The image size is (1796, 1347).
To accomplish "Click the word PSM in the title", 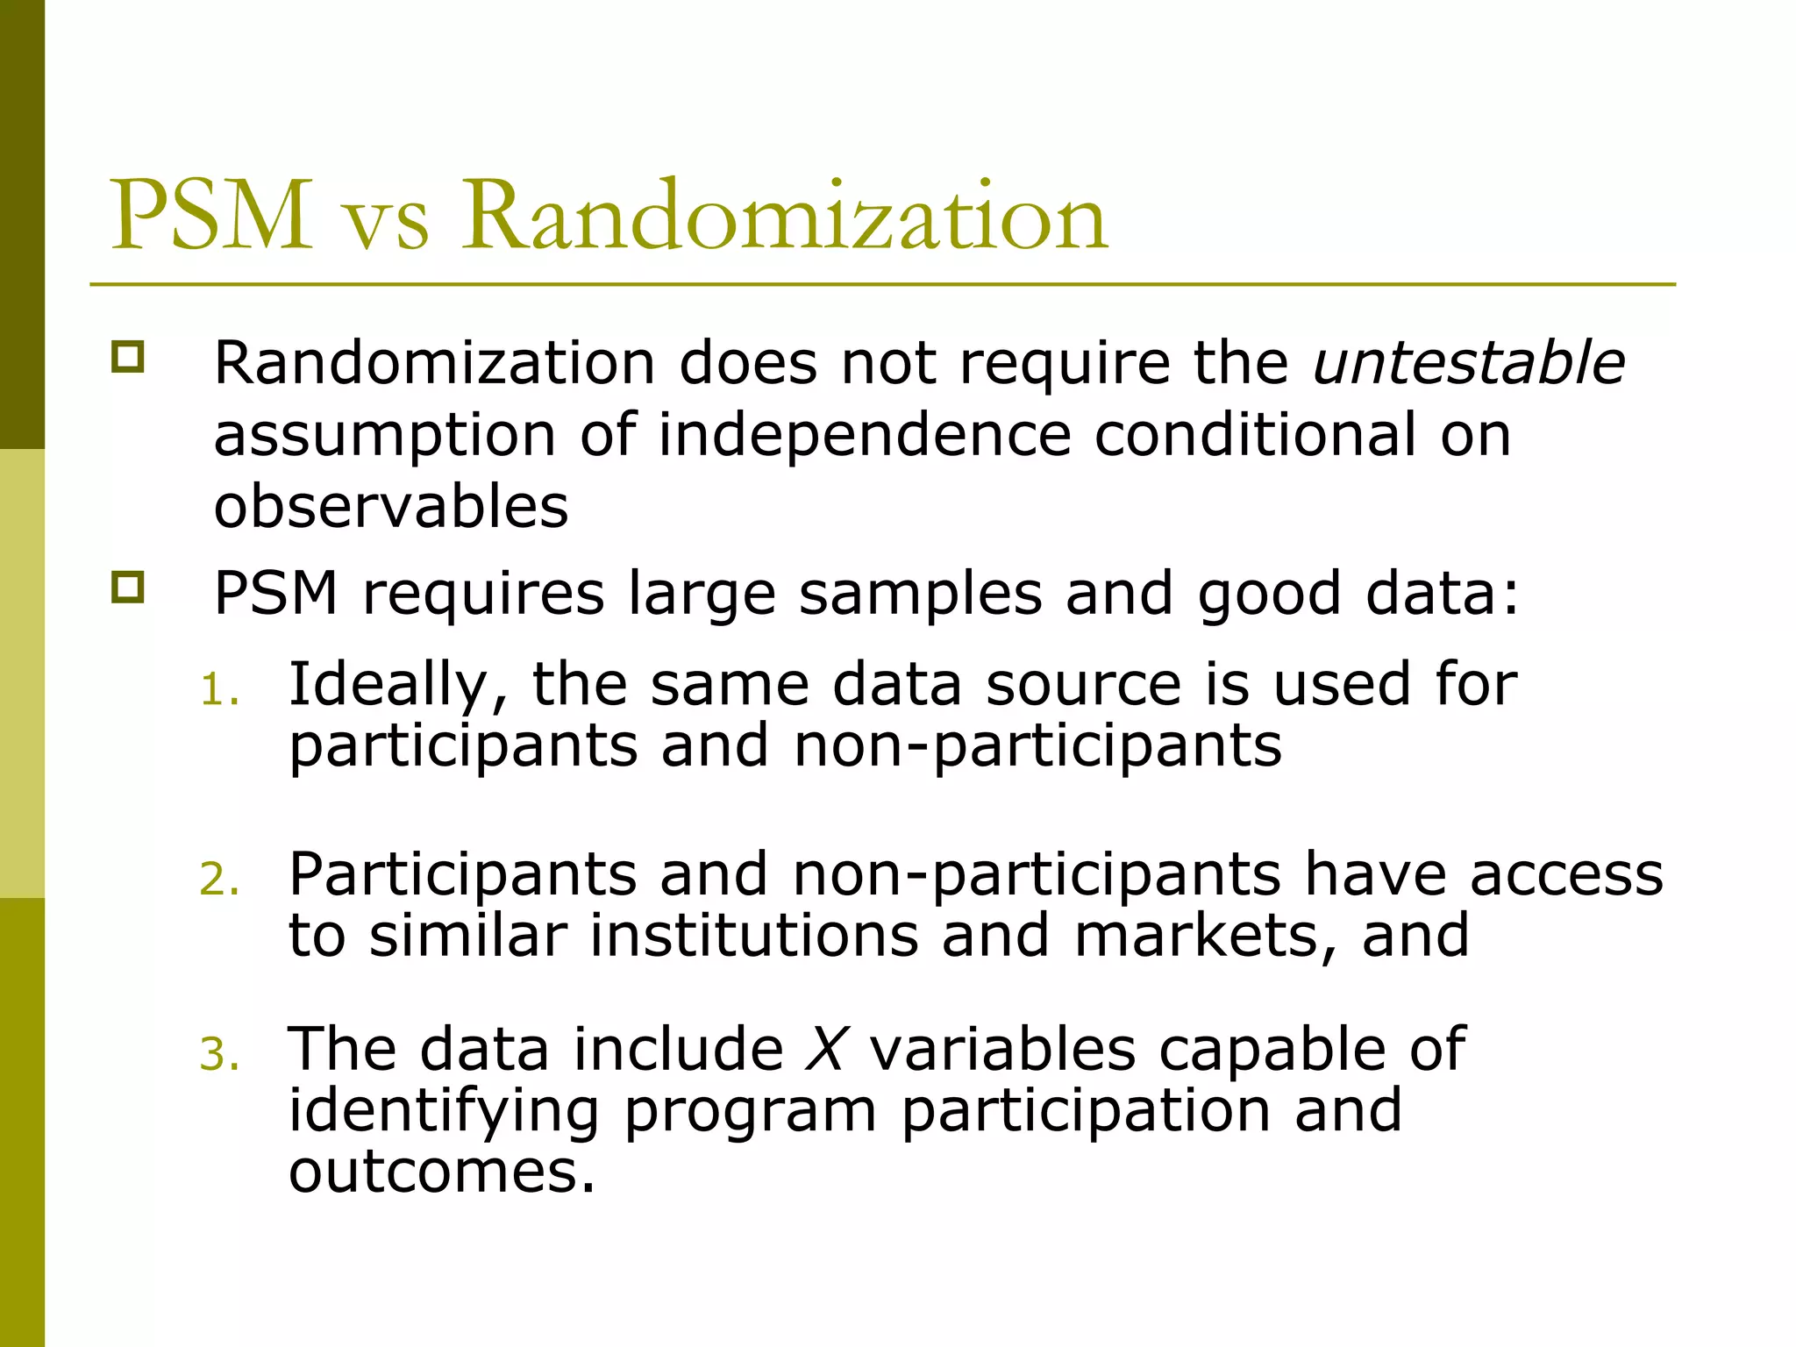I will pyautogui.click(x=211, y=216).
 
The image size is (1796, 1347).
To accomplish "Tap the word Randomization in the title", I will pyautogui.click(x=786, y=216).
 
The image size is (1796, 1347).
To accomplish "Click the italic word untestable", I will pyautogui.click(x=1469, y=362).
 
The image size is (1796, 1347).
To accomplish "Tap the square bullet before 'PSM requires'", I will pyautogui.click(x=127, y=587).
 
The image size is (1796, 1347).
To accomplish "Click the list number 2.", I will pyautogui.click(x=218, y=880).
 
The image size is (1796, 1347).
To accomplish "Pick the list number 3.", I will pyautogui.click(x=218, y=1054).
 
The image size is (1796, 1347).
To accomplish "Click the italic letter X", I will pyautogui.click(x=825, y=1049).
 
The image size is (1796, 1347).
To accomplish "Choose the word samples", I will pyautogui.click(x=920, y=593).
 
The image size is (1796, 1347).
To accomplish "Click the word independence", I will pyautogui.click(x=865, y=435).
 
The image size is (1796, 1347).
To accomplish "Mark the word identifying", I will pyautogui.click(x=444, y=1112).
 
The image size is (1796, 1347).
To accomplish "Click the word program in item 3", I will pyautogui.click(x=751, y=1112).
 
